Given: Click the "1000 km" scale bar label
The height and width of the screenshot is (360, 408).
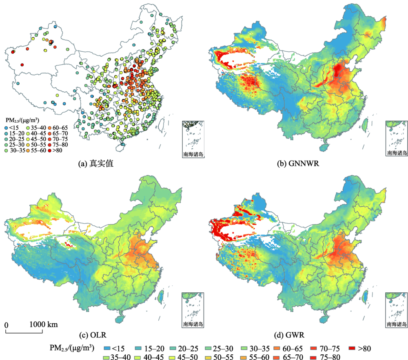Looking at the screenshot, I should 43,325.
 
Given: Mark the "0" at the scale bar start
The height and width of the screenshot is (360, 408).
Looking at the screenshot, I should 7,325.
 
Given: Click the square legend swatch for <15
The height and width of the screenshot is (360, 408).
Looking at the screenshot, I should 107,348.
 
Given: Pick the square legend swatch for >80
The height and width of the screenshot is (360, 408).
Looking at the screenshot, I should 352,348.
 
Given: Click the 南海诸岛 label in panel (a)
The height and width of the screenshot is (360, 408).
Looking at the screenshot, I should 193,154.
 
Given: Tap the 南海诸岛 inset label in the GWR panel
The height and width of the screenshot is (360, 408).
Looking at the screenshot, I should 397,325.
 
